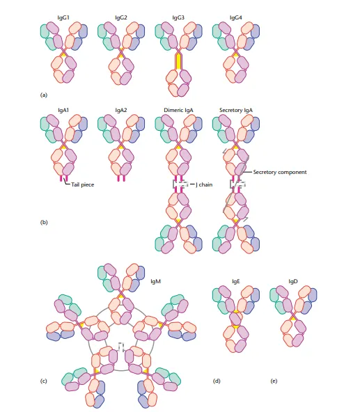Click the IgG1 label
(x=63, y=17)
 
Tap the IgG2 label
(x=121, y=17)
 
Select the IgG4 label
(x=236, y=17)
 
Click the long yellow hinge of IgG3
(x=178, y=61)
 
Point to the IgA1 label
(x=63, y=110)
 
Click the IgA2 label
(x=121, y=110)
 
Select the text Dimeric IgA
(x=178, y=110)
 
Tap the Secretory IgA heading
(x=236, y=110)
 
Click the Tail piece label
(x=83, y=184)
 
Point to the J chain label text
(x=204, y=184)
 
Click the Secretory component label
(x=280, y=172)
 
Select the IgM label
(x=156, y=281)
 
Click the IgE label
(x=236, y=281)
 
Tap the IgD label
(x=293, y=281)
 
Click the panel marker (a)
(x=44, y=95)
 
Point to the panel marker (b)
(x=44, y=222)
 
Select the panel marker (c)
(x=44, y=381)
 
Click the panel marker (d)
(x=217, y=381)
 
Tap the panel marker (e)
(x=274, y=381)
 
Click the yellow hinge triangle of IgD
(x=293, y=319)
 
